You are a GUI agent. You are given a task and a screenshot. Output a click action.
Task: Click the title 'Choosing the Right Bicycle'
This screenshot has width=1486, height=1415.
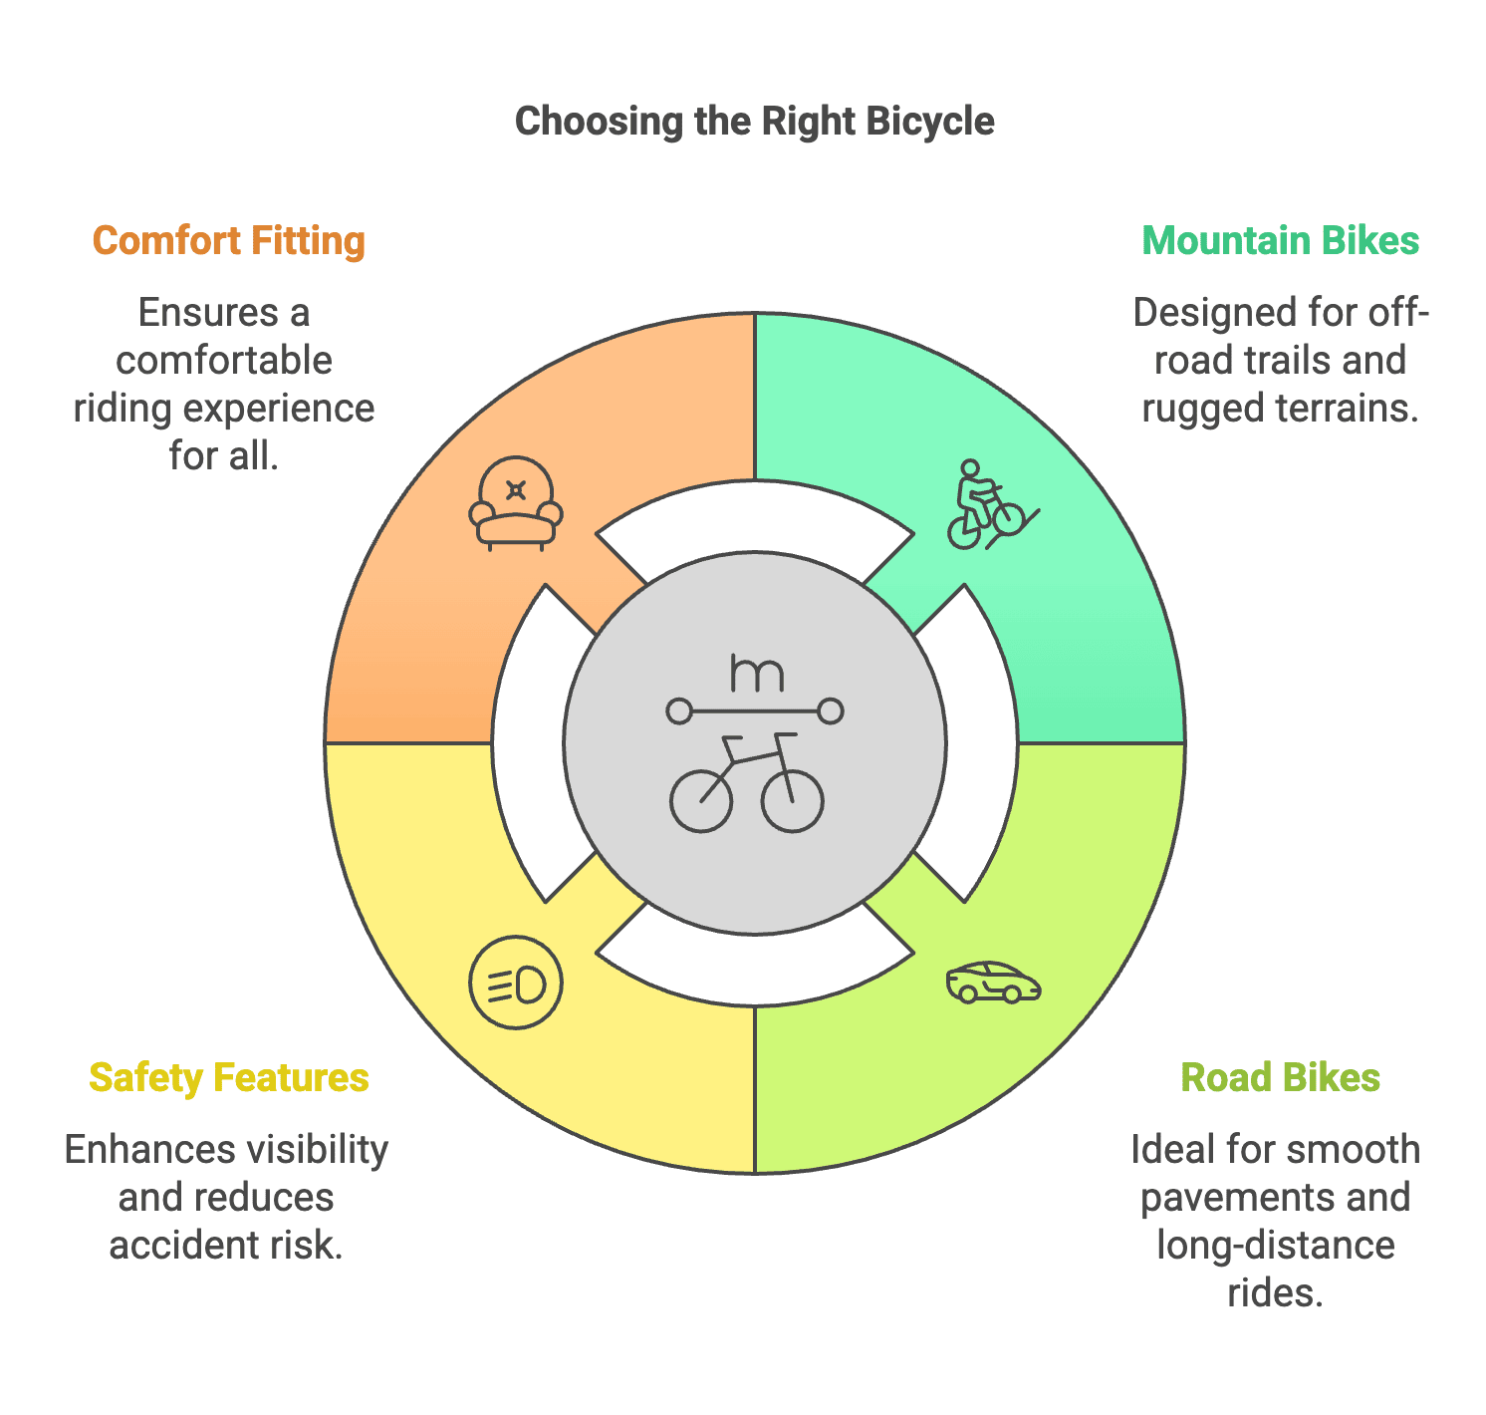coord(754,122)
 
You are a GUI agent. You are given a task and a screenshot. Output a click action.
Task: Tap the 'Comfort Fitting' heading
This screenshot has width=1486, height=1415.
coord(229,241)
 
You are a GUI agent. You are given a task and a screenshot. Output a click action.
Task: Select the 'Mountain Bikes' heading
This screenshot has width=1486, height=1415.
coord(1280,241)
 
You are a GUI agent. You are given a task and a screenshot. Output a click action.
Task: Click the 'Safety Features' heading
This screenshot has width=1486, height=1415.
coord(229,1078)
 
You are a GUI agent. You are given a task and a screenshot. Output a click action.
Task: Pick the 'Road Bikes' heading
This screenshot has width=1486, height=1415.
coord(1280,1078)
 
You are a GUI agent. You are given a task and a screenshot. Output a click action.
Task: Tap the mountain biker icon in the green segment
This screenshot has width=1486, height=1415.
coord(987,505)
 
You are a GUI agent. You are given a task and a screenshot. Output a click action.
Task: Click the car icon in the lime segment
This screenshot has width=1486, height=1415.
coord(993,984)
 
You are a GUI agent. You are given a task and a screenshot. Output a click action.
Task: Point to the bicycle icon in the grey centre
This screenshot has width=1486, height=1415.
coord(747,782)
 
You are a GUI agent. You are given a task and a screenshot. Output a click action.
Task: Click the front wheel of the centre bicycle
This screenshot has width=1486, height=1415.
coord(793,799)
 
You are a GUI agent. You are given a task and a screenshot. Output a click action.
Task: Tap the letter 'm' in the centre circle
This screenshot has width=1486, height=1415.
coord(756,674)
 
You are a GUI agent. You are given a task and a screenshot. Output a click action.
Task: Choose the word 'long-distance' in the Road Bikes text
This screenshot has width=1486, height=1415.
coord(1275,1246)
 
